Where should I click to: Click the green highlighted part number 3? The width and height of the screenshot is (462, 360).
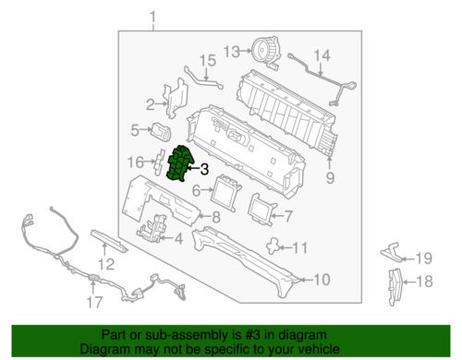[178, 163]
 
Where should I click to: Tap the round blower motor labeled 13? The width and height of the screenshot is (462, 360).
[265, 52]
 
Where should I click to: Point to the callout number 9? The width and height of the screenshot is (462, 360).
[330, 177]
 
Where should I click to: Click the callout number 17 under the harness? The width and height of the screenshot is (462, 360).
[94, 302]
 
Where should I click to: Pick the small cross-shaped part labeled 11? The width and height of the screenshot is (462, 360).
[273, 246]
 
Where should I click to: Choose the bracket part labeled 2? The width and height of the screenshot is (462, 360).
[176, 98]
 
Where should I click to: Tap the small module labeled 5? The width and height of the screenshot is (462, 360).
[161, 132]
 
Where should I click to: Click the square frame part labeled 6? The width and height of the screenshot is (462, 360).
[225, 193]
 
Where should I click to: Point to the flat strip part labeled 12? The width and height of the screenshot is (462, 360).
[109, 240]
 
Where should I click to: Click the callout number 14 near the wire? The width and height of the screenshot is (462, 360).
[322, 56]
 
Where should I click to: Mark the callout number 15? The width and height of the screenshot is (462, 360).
[208, 61]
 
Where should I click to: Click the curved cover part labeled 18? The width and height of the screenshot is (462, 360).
[395, 287]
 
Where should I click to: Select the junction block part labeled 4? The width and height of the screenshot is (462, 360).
[152, 229]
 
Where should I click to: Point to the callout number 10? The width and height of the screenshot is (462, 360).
[322, 280]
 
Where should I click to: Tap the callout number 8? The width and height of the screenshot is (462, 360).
[216, 217]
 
